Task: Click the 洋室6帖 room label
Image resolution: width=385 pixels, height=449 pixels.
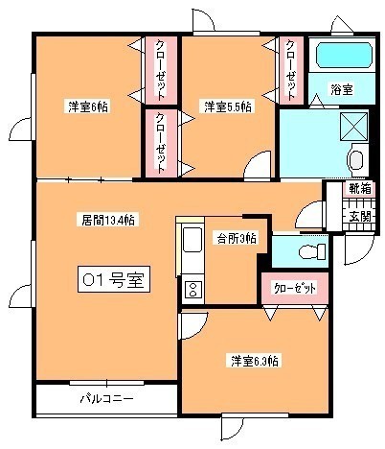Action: [88, 106]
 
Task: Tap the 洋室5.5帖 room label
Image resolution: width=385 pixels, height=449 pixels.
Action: [227, 106]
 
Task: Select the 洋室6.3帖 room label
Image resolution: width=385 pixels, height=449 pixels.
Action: [254, 361]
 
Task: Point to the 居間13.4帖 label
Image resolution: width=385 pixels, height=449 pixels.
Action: [107, 220]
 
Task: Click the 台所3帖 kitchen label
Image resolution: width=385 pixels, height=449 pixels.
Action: [237, 239]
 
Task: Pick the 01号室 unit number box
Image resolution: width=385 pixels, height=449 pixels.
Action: [114, 279]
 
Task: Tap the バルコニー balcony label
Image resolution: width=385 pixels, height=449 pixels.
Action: [106, 399]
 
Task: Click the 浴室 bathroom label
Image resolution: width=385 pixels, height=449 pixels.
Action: [342, 89]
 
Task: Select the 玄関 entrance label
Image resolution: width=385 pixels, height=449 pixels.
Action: [360, 217]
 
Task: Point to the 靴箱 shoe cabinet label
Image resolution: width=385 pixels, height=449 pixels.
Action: [360, 188]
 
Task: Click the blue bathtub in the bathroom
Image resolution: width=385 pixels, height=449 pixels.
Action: [344, 56]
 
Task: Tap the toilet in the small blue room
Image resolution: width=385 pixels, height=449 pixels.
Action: [312, 251]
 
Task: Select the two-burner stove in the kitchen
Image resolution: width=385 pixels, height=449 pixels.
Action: [192, 290]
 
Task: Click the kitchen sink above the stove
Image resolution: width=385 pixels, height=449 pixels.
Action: [192, 240]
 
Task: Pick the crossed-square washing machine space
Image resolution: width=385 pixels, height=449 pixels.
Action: [353, 127]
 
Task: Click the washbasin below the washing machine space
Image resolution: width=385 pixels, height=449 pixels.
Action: [356, 160]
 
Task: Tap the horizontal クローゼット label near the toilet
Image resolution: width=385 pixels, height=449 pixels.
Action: [294, 288]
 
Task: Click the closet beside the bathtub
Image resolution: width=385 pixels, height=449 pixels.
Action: [291, 70]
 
